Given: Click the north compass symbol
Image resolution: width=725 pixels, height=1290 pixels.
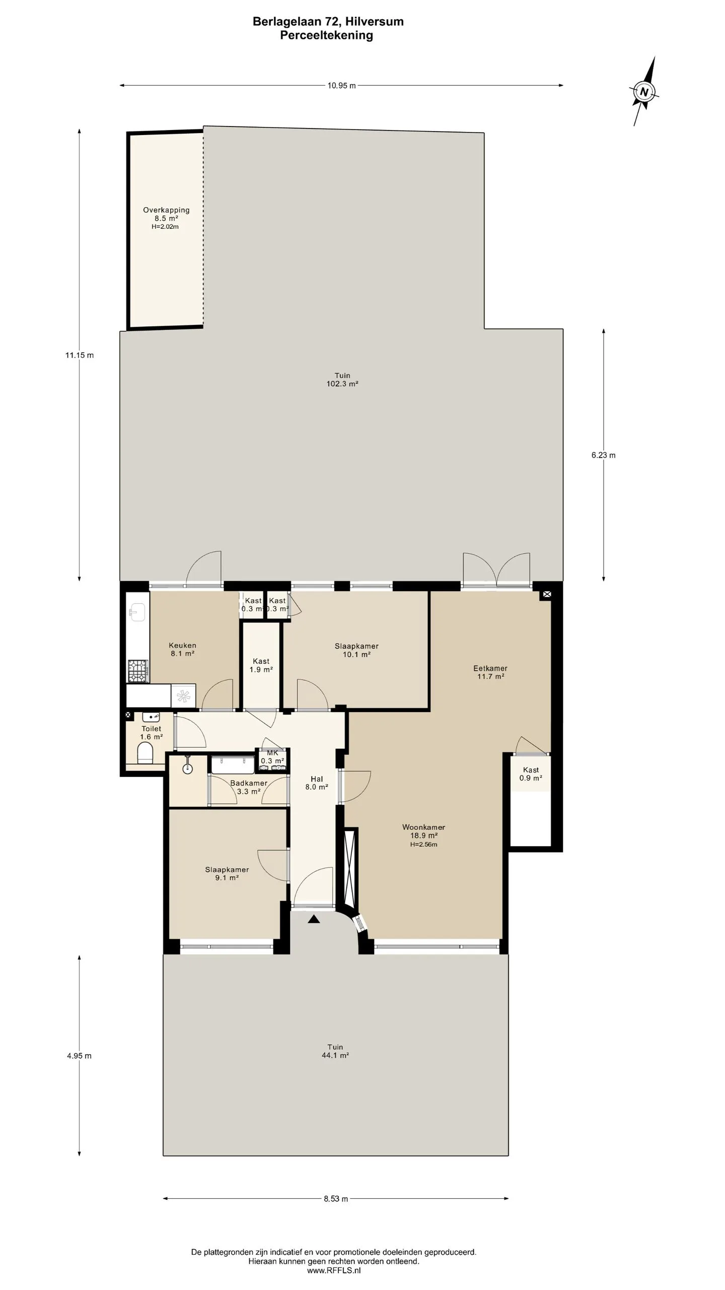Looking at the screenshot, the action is point(644,92).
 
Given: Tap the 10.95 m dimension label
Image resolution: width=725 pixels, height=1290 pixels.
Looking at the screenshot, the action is point(341,86).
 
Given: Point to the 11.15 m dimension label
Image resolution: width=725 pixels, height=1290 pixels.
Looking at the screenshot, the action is point(79,355).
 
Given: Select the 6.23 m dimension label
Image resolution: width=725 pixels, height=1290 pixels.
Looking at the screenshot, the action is point(603,455).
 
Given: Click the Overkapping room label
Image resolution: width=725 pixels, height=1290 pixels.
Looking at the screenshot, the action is point(166,210).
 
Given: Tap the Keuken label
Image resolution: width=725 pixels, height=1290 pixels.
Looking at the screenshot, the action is point(182,645).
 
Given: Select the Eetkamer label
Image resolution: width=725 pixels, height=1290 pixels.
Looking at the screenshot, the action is point(490,668).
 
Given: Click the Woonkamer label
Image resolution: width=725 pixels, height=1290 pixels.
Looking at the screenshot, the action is point(423,827).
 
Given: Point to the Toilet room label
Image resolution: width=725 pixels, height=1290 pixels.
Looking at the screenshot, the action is point(151,729).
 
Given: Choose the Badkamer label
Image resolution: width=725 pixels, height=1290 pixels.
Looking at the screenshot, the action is point(249,783).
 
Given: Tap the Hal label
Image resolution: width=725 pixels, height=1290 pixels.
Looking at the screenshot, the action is point(317,779).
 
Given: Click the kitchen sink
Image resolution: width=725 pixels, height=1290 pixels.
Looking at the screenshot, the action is point(137,613).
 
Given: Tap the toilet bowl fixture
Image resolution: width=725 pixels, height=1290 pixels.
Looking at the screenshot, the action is point(145,753).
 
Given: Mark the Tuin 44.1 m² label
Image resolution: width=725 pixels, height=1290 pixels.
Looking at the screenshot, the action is point(335,1051).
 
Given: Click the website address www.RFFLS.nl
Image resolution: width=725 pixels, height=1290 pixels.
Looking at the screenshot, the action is point(334,1270).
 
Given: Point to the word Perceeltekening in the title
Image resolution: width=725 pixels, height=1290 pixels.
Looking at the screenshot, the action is point(327,35).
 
